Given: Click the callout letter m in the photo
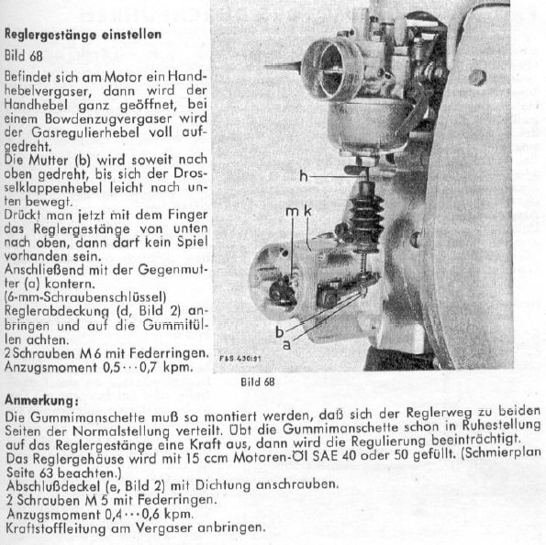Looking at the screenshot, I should tap(291, 212).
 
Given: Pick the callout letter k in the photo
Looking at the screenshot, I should tap(307, 212).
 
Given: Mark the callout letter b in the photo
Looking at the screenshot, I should tap(277, 328).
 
